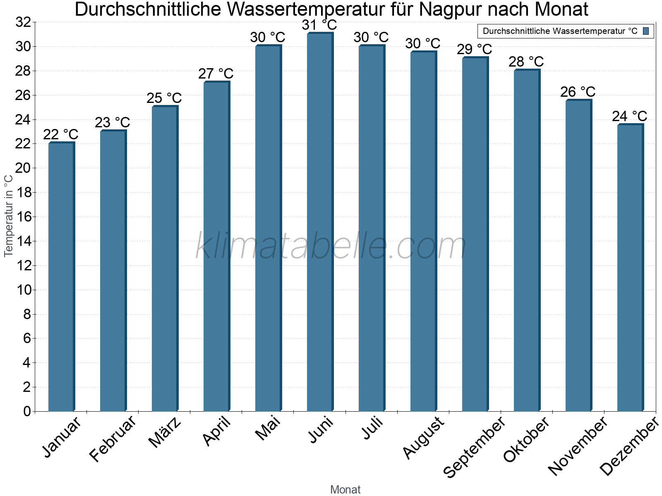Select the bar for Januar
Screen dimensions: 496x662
coord(61,277)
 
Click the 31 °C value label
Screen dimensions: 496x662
coord(319,25)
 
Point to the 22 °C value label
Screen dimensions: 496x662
coord(61,135)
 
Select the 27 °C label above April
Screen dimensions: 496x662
coord(216,74)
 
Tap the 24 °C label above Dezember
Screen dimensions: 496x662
coord(630,116)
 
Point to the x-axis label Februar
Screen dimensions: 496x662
coord(113,438)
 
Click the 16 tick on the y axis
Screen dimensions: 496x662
coord(24,217)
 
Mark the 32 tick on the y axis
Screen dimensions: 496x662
coord(24,22)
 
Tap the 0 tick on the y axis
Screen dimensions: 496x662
coord(27,411)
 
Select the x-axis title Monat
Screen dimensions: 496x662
coord(345,490)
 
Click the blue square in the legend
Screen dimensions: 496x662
coord(646,31)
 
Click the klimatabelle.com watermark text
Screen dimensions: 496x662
coord(331,246)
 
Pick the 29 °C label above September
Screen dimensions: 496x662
coord(475,50)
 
